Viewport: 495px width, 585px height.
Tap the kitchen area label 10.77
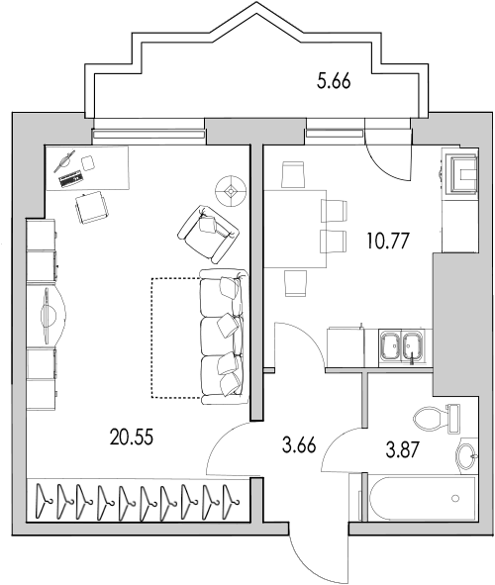point(385,239)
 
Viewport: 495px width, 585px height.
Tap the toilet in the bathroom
point(432,416)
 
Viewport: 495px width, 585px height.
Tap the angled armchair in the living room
point(209,227)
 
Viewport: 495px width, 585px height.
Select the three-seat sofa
point(221,336)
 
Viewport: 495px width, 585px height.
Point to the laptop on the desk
point(69,179)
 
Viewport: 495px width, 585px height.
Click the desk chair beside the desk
point(93,206)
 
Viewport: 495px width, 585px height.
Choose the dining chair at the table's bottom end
point(294,283)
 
